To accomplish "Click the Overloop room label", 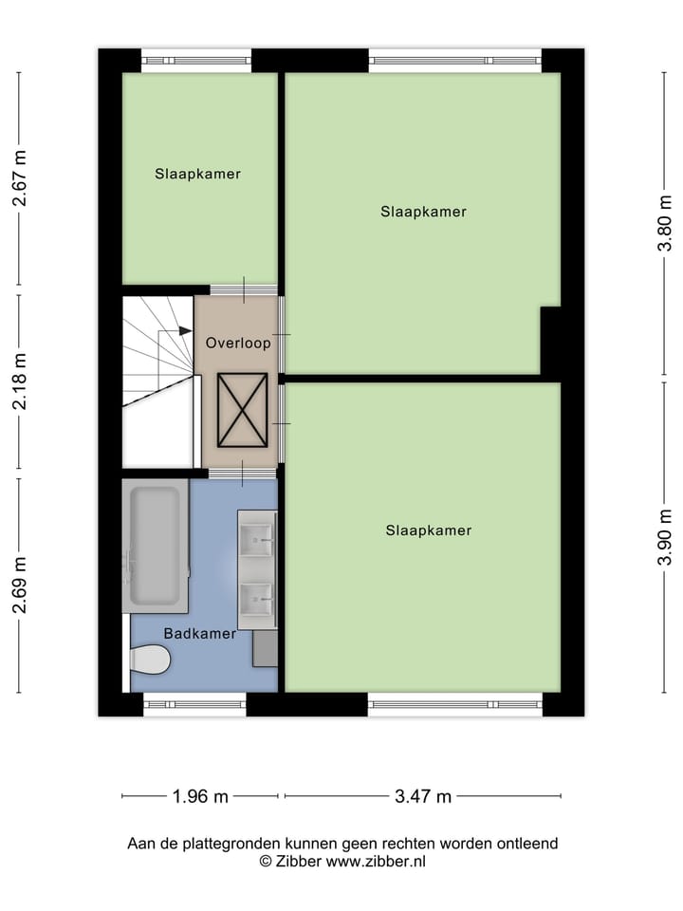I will pos(238,343).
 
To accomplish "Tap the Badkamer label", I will pos(199,633).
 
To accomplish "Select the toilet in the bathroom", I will pos(149,659).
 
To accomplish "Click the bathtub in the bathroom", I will pos(154,545).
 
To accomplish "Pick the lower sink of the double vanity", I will pos(256,598).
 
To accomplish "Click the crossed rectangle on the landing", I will pos(242,409).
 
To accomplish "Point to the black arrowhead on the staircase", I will pos(185,330).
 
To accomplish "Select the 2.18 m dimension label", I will pos(19,381).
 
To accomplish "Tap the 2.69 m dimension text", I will pos(19,586).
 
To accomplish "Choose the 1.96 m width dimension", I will pos(200,796).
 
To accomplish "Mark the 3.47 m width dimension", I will pos(422,796).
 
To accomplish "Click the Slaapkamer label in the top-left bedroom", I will pos(197,174).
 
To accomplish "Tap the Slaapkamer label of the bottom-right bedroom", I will pos(428,530).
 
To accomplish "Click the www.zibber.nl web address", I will pos(376,862).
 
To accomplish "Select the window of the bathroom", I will pos(194,704).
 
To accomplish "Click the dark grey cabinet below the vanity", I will pos(265,647).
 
